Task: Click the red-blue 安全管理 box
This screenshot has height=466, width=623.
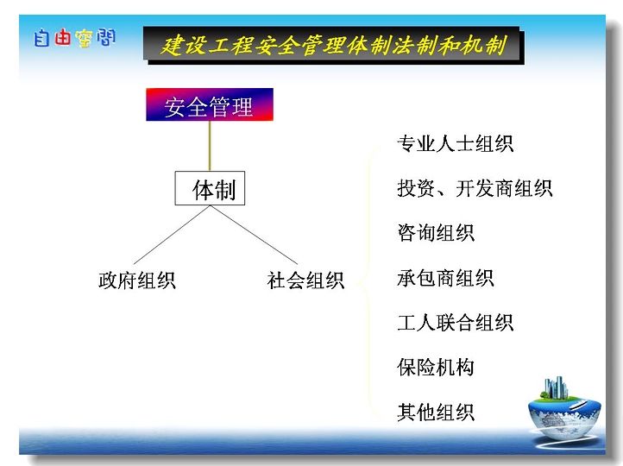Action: click(210, 104)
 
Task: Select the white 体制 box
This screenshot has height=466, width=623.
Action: click(210, 188)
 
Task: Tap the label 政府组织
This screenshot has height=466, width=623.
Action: click(137, 280)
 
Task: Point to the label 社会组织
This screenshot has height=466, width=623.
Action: click(305, 280)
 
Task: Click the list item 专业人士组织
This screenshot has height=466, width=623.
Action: click(456, 143)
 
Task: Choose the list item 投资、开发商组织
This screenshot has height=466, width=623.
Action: click(475, 188)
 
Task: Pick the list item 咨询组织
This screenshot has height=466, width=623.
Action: click(436, 233)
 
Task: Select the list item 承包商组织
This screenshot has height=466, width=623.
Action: click(445, 278)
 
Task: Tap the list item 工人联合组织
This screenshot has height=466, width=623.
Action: click(456, 322)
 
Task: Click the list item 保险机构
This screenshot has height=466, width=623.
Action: click(436, 367)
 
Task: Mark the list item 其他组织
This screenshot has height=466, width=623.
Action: click(436, 412)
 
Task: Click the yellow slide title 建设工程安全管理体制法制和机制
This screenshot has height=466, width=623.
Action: click(334, 45)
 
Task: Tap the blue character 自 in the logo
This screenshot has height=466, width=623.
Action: click(41, 38)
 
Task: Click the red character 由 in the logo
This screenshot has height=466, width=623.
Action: click(63, 38)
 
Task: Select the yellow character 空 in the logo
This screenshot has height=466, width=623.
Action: click(85, 39)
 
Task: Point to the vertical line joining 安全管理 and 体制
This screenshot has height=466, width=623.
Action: click(210, 146)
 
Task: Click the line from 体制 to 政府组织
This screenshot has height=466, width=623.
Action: click(172, 235)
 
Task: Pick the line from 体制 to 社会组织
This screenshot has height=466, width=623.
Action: click(254, 235)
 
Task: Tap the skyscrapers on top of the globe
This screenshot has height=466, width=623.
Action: click(556, 387)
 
